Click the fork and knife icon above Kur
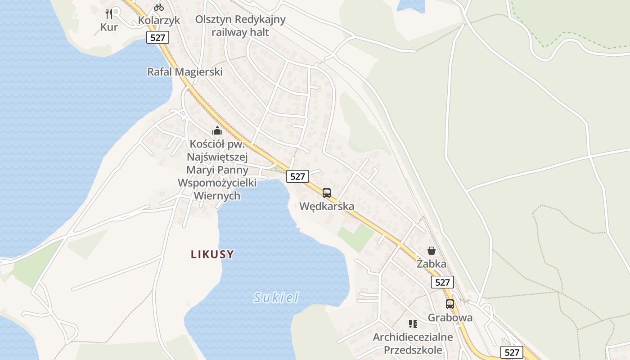tap(108, 13)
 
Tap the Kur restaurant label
tap(109, 27)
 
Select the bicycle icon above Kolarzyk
tap(158, 7)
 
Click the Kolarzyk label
tap(159, 20)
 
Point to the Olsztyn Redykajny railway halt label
tap(240, 26)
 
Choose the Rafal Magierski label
tap(185, 72)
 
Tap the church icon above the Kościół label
tap(217, 131)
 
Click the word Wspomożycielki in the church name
tap(217, 183)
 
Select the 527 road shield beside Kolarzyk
tap(157, 37)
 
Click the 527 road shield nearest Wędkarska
tap(297, 176)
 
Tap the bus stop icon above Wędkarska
tap(327, 193)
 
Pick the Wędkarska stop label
tap(327, 206)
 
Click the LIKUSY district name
tap(212, 254)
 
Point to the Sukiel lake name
tap(276, 297)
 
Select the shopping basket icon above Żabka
tap(432, 251)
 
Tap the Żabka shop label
tap(432, 264)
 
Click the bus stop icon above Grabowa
tap(450, 304)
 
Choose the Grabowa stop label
tap(450, 317)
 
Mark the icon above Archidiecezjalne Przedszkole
tap(413, 324)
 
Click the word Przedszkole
tap(413, 350)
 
